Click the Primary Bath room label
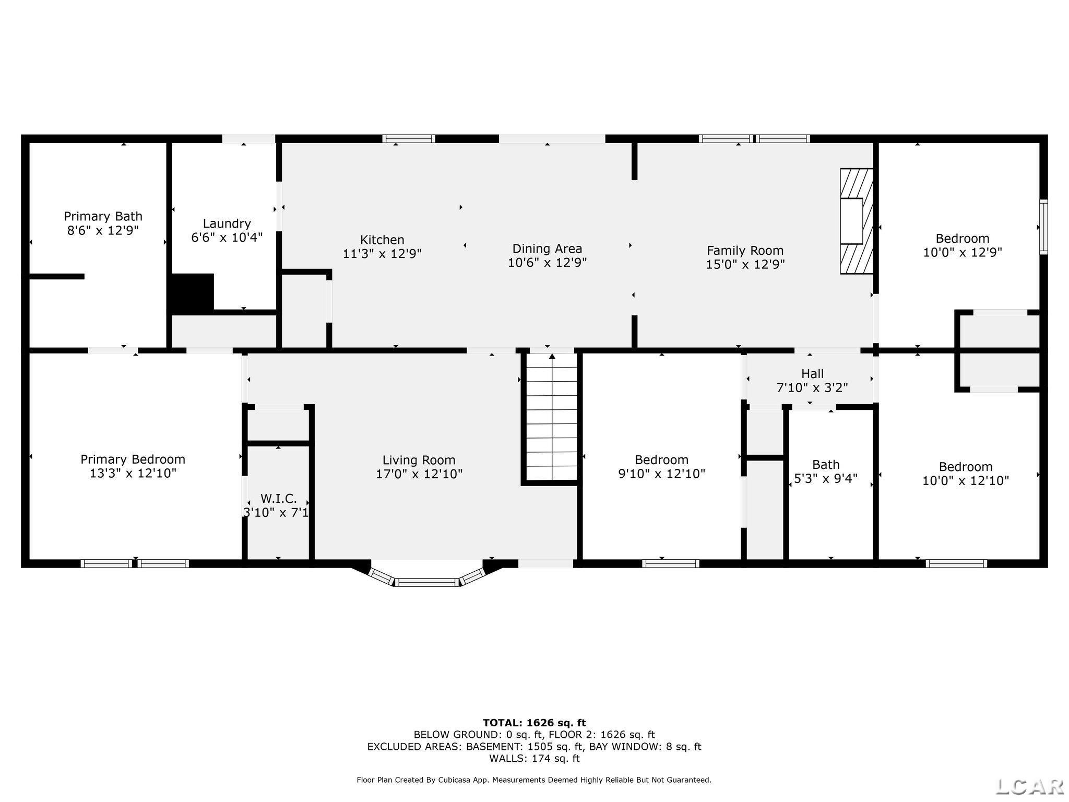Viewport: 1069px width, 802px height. (103, 223)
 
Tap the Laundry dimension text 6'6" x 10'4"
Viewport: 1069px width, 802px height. (227, 238)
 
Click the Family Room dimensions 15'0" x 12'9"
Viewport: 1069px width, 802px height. (745, 265)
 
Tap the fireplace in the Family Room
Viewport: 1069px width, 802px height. (857, 221)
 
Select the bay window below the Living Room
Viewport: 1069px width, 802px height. (427, 574)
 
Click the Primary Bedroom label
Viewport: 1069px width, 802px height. (133, 466)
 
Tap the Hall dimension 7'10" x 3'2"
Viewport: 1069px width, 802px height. (812, 388)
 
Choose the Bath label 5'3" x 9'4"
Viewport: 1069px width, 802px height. (826, 471)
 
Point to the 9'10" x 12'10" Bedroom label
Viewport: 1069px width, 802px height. (662, 467)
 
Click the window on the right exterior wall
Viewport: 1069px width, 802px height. (1043, 227)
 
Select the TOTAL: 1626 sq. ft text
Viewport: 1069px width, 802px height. (534, 723)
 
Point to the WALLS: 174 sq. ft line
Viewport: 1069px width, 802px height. (534, 758)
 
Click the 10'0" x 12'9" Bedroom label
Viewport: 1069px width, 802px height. (963, 245)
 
